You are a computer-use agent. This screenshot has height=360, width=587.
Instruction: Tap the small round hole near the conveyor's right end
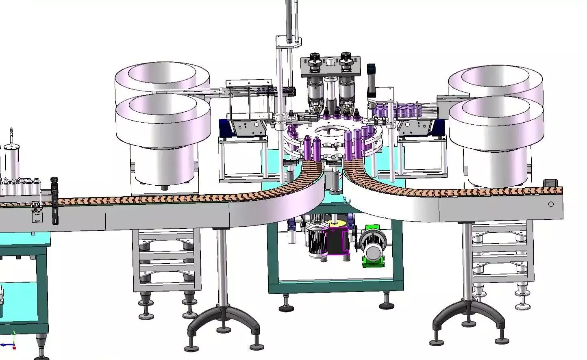point(551,204)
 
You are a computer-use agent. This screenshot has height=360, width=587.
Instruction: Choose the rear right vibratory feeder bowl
point(495,81)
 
